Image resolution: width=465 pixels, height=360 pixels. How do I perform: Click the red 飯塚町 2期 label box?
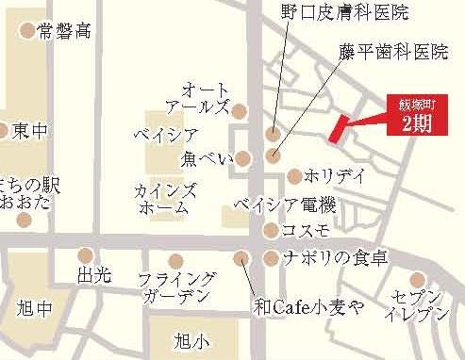point(416,115)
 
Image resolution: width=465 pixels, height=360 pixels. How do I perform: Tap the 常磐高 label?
point(64,31)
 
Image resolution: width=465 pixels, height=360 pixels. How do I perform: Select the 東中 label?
point(29,131)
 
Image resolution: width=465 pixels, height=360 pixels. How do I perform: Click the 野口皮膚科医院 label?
point(344,12)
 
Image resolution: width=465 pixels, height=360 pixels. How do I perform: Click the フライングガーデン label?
point(176,286)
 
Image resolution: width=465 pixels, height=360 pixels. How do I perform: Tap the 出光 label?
point(94,276)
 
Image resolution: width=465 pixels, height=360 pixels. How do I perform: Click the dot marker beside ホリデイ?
point(294,176)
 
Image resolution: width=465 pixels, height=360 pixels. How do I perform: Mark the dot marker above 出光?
point(86,254)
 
